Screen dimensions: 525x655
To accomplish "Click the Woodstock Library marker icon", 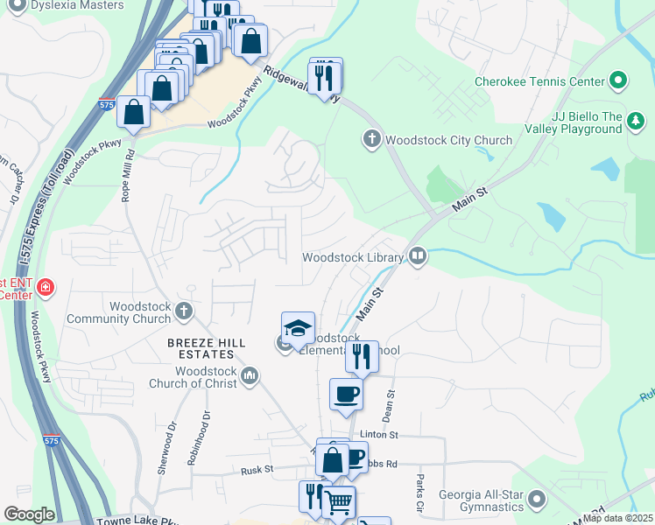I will tap(418, 256).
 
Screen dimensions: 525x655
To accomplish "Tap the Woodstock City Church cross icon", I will tap(371, 139).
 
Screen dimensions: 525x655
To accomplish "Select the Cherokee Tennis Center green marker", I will tap(618, 81).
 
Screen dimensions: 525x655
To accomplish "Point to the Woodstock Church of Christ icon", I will tap(250, 375).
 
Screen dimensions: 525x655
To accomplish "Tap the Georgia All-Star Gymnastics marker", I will tap(536, 500).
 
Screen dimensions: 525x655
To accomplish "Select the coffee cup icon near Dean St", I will tap(346, 394).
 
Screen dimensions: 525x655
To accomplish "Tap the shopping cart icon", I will tap(339, 502).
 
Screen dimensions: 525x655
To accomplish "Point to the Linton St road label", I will tap(381, 435).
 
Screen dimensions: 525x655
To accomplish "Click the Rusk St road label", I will tap(257, 470).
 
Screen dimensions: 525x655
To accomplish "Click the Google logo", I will tap(29, 514).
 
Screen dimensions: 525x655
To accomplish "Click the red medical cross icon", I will tap(44, 286).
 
